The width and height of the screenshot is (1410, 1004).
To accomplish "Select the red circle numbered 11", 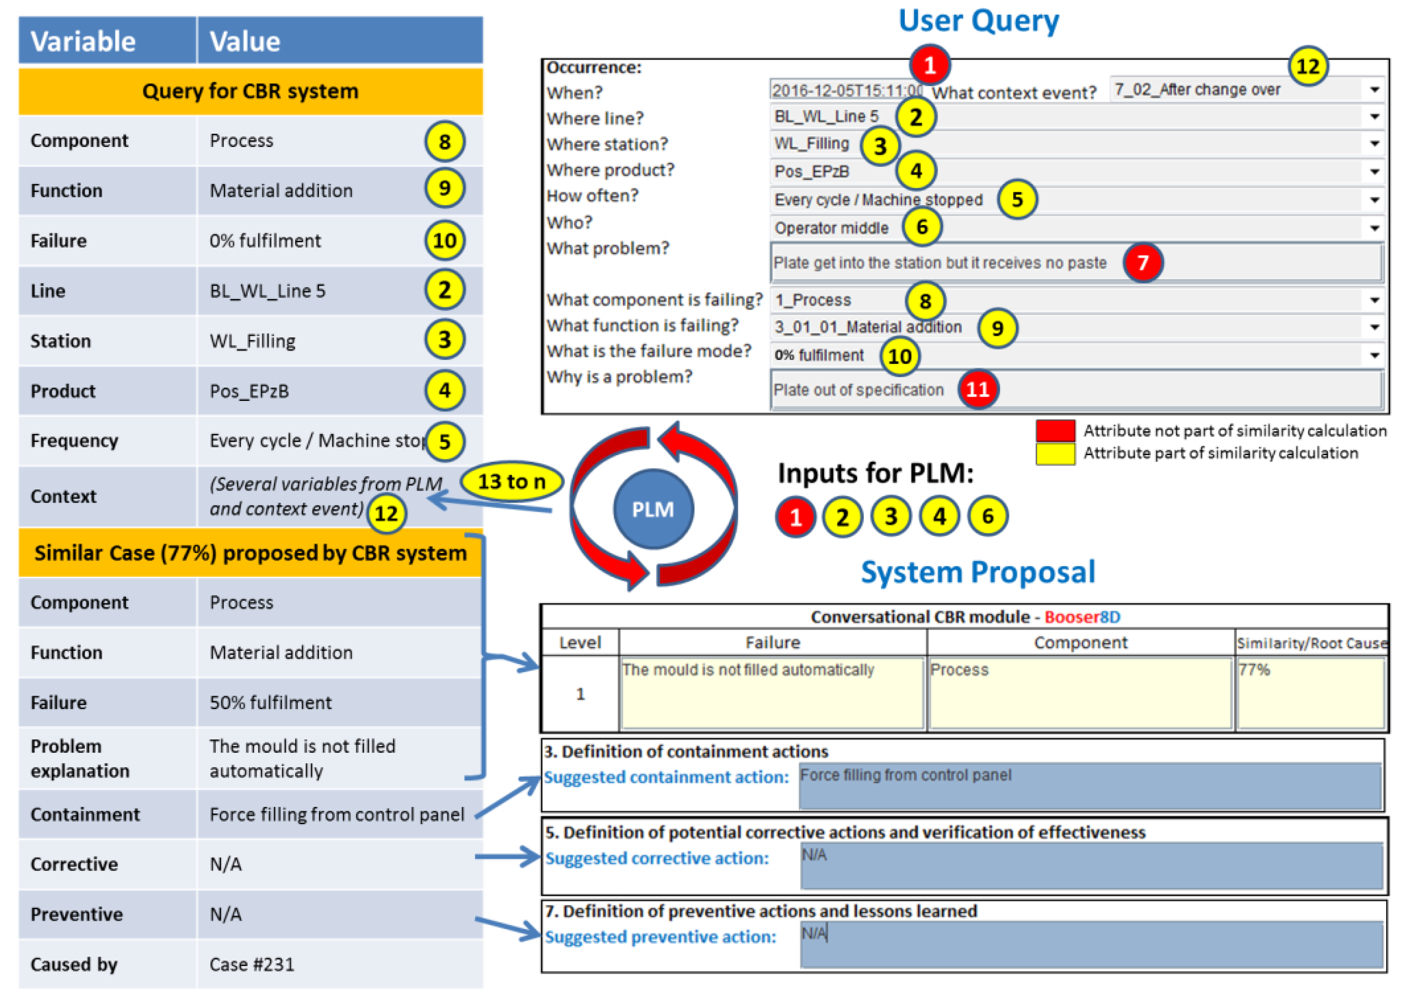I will [x=977, y=389].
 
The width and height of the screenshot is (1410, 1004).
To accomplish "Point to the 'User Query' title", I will [x=978, y=21].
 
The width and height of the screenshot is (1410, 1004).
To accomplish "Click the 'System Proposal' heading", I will [x=978, y=572].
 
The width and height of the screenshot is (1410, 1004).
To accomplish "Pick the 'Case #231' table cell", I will [x=252, y=964].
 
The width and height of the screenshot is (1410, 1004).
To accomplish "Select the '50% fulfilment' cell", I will [x=270, y=702].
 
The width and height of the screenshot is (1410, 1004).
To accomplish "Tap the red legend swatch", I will [x=1055, y=430].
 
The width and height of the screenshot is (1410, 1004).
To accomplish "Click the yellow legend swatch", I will [x=1055, y=453].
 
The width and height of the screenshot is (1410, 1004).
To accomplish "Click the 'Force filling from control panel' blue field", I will [x=1090, y=785].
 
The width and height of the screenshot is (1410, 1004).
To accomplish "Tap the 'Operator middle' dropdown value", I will [x=831, y=228].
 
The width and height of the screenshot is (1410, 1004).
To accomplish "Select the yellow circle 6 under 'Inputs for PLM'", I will [x=987, y=516].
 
